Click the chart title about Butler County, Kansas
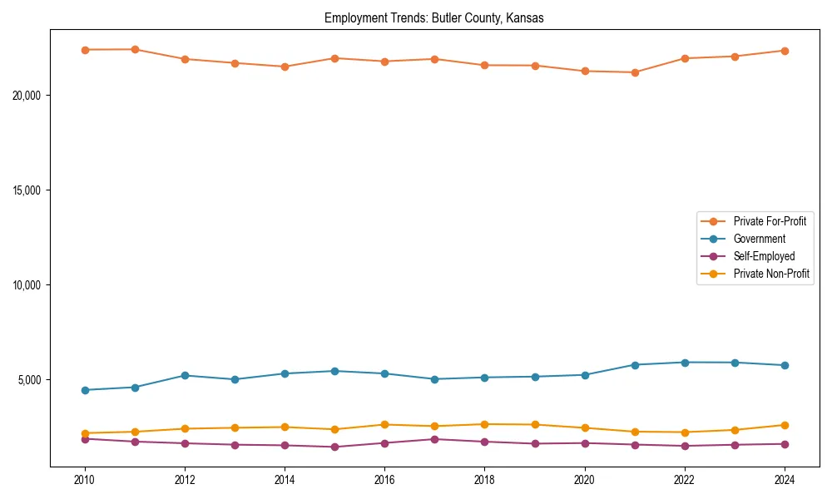point(434,18)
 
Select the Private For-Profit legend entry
point(769,221)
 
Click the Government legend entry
point(759,239)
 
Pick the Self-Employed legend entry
point(764,256)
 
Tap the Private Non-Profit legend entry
point(771,274)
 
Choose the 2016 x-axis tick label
point(384,480)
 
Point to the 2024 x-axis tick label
point(785,480)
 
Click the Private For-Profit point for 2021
point(635,72)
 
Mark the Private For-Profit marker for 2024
point(785,51)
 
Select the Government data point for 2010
point(85,390)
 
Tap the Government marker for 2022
point(685,363)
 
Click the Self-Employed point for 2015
point(334,447)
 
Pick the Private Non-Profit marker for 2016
point(384,424)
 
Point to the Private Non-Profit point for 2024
point(785,425)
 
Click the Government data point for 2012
point(185,375)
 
